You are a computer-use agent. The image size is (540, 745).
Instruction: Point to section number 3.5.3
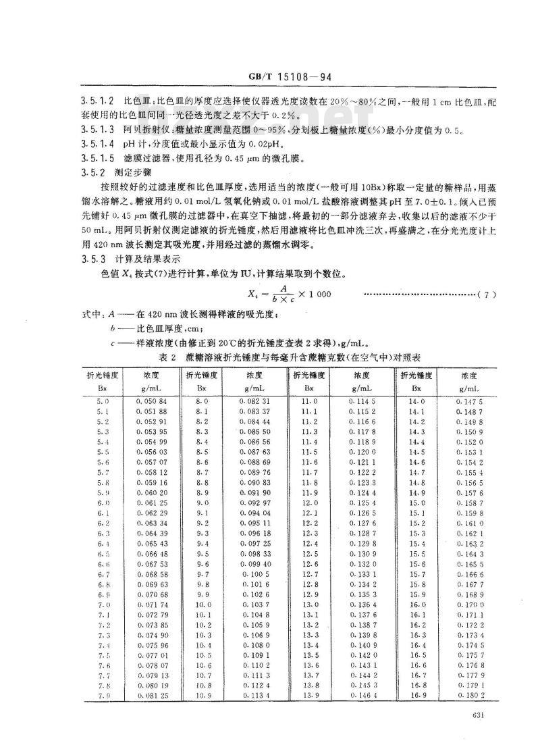pyautogui.click(x=92, y=259)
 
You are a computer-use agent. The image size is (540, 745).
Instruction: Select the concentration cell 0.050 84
pyautogui.click(x=153, y=401)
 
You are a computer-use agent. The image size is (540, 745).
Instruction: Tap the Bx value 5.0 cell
pyautogui.click(x=93, y=401)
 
